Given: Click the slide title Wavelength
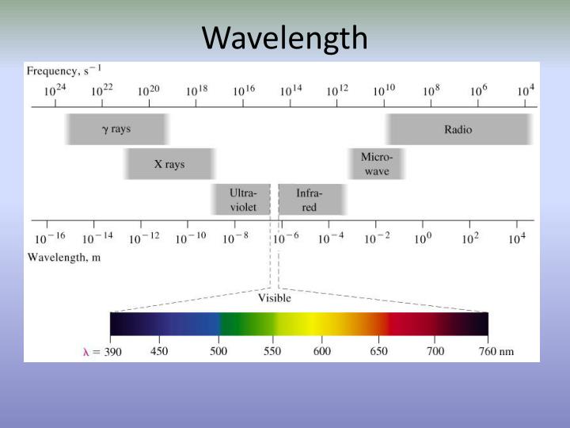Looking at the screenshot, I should (285, 37).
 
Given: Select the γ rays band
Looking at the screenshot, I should (116, 129).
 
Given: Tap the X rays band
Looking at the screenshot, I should (169, 164).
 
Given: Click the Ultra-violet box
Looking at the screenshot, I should (241, 200).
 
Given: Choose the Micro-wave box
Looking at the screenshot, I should (377, 164).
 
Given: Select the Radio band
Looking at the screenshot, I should (458, 129).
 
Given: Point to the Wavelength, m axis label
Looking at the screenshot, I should (64, 257).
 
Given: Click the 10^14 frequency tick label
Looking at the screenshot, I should (291, 90).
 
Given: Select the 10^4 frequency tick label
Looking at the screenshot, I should (525, 90).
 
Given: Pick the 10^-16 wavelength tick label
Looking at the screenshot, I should (49, 239).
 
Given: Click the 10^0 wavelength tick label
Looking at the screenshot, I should (424, 239).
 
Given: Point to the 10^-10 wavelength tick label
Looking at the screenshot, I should (190, 239).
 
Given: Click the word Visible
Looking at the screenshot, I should (274, 298).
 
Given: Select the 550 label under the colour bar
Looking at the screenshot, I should (272, 351).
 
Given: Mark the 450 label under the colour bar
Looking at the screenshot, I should (159, 351).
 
